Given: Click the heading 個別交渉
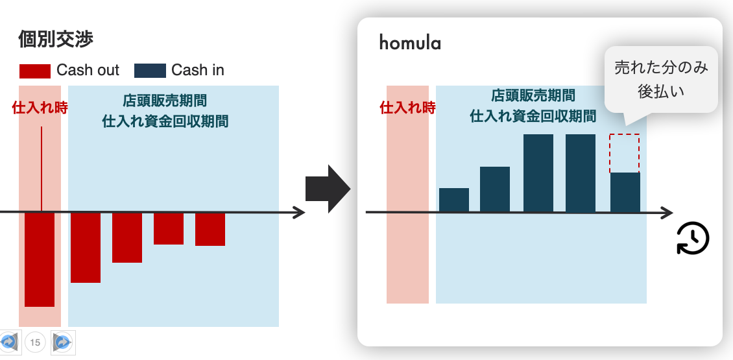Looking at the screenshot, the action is (x=56, y=40).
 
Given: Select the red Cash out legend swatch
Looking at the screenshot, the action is (x=34, y=71).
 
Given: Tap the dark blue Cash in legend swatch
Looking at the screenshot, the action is (x=150, y=71).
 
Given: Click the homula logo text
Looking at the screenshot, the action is (x=410, y=43).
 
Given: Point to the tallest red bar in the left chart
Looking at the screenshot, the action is (x=40, y=259).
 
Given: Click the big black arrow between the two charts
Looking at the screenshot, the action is (x=328, y=189).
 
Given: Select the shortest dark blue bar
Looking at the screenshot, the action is (x=454, y=200).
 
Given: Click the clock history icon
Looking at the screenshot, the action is (x=693, y=239).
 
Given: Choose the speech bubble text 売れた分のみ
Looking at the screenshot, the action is (x=661, y=68).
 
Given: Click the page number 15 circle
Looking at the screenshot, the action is (x=35, y=342).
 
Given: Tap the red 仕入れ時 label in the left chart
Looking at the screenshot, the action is (x=40, y=108).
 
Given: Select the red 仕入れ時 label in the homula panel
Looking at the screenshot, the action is (x=407, y=108).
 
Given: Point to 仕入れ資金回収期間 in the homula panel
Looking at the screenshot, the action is (x=533, y=116).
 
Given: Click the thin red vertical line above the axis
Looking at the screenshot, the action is (x=42, y=169).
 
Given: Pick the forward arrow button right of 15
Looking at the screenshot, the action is (x=63, y=342).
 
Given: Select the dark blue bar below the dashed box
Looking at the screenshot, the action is (x=625, y=193).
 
